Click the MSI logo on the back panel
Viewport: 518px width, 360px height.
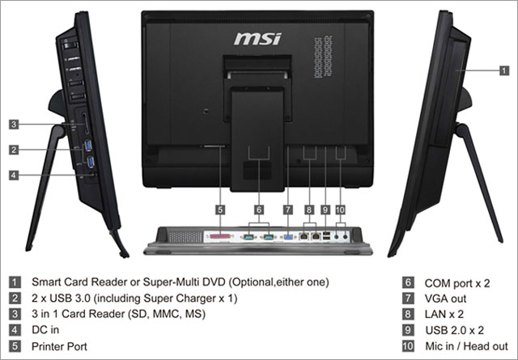click(x=257, y=38)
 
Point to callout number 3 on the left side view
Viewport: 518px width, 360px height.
click(x=15, y=125)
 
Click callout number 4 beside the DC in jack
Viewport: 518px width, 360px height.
click(x=15, y=175)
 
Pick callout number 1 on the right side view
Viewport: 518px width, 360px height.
click(x=503, y=71)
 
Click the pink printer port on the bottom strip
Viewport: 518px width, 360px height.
click(x=219, y=238)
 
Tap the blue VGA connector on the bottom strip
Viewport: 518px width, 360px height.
click(x=287, y=238)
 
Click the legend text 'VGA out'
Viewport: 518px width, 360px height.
click(x=447, y=299)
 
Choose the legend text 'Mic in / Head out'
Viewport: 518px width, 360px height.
click(x=466, y=345)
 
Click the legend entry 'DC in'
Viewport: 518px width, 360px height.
click(x=45, y=330)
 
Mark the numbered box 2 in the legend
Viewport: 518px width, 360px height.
click(x=15, y=299)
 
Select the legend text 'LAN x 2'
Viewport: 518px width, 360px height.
click(x=447, y=315)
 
